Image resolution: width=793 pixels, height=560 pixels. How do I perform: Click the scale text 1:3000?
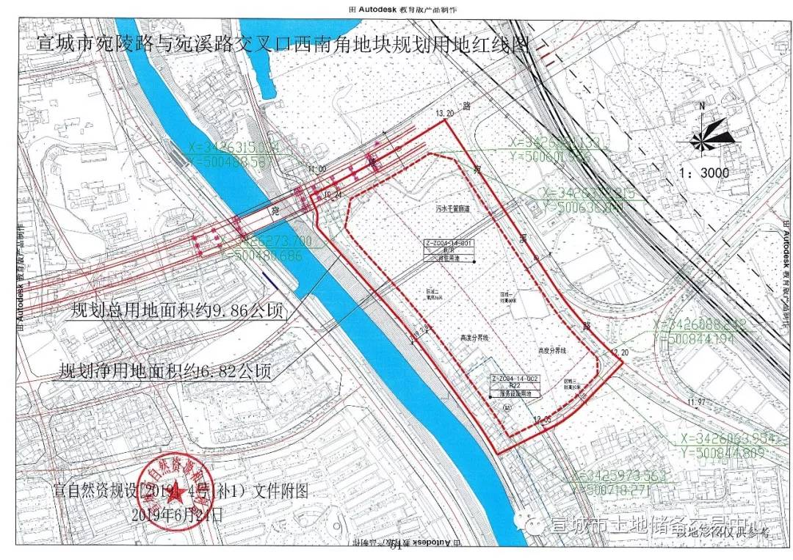704,173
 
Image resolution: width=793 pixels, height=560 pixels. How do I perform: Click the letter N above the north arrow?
702,106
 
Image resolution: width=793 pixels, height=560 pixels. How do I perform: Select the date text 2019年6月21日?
176,515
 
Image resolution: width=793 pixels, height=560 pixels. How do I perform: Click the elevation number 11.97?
696,401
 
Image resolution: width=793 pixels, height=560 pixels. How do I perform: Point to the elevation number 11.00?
318,169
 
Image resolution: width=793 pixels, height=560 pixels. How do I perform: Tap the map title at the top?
283,46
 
